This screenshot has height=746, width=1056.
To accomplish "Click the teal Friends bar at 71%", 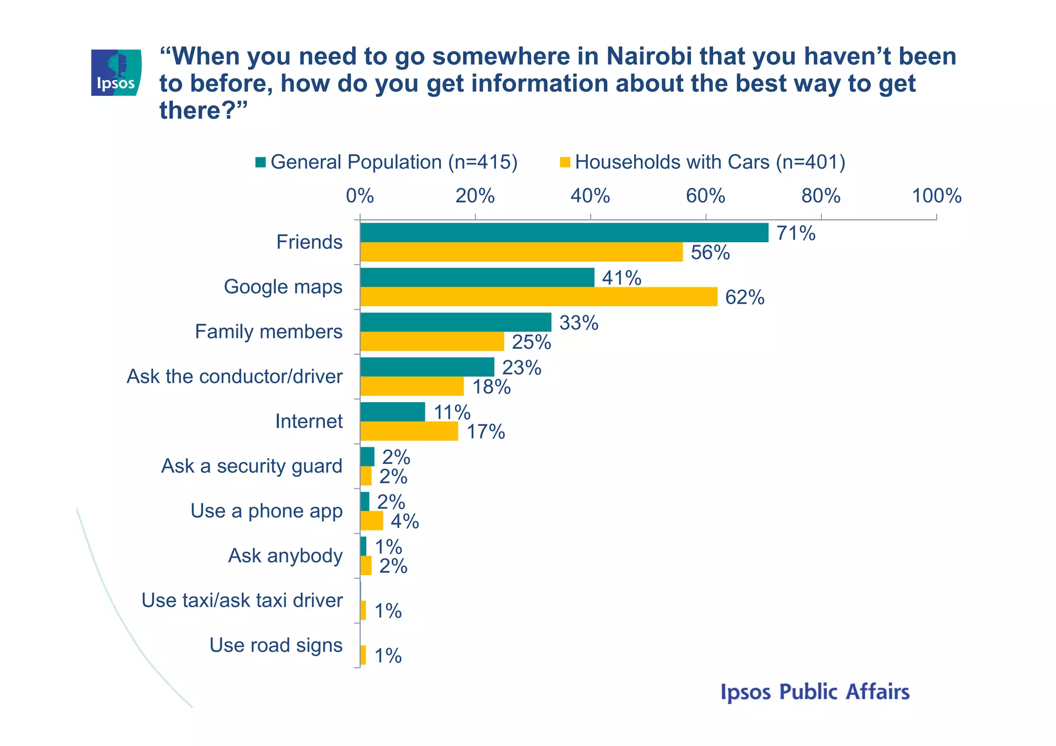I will click(x=564, y=233).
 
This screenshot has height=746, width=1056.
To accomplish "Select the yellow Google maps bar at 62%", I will click(x=538, y=297).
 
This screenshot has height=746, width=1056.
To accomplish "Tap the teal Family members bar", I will click(x=456, y=322).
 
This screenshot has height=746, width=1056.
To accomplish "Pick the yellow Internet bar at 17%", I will click(x=409, y=431).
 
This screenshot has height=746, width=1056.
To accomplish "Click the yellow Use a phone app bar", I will click(x=372, y=521).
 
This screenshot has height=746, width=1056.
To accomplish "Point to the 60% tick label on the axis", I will click(x=705, y=196).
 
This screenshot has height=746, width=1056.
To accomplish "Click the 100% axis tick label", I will click(x=936, y=196).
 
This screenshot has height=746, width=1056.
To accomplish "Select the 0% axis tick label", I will click(x=360, y=196).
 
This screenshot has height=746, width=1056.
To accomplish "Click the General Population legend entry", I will click(x=387, y=162).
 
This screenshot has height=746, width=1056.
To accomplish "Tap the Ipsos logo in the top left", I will click(x=116, y=73).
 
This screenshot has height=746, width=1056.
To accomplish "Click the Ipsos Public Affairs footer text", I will click(x=815, y=692).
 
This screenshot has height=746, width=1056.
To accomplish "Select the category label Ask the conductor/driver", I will click(x=235, y=376).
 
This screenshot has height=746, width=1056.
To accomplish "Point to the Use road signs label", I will click(x=276, y=645).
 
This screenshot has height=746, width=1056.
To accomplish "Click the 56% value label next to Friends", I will click(x=710, y=253).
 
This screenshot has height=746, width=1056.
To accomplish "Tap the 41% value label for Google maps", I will click(x=621, y=278).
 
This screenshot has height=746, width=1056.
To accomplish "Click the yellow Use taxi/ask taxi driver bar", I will click(x=363, y=610).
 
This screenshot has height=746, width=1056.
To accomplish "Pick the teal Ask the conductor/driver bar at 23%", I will click(x=427, y=367).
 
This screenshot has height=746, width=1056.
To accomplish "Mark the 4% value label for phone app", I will click(x=404, y=522).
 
